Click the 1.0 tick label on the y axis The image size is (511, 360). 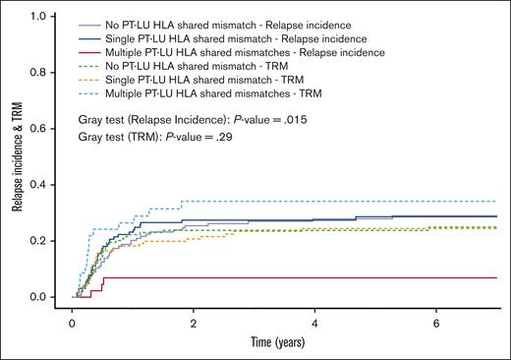click(49, 17)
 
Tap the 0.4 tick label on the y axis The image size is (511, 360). click(49, 185)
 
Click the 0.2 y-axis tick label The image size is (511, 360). click(49, 241)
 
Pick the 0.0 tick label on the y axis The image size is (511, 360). click(49, 297)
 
